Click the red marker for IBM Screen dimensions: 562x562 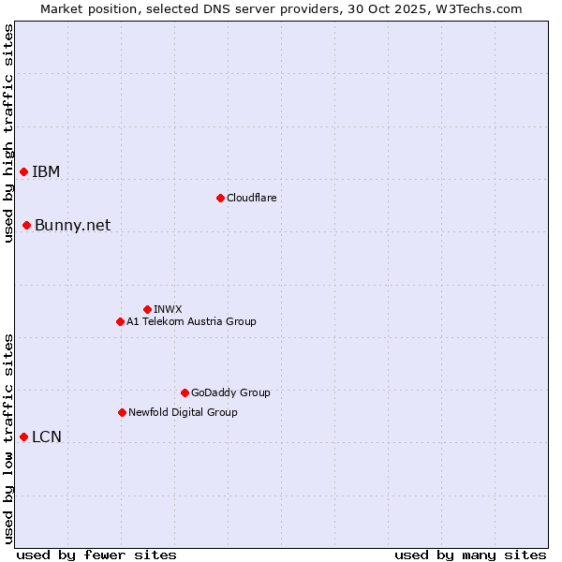point(23,171)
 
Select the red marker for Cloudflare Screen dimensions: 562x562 point(220,198)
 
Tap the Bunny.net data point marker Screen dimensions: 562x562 point(26,225)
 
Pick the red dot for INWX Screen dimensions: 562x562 point(147,309)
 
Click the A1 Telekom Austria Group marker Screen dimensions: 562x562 point(120,321)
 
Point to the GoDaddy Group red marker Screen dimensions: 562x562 point(185,392)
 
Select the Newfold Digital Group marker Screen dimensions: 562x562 point(122,412)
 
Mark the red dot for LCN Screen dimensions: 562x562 point(23,436)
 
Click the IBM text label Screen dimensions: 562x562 point(46,171)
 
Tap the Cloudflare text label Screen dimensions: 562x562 point(251,198)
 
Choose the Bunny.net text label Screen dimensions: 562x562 point(72,225)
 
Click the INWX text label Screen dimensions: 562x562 point(168,309)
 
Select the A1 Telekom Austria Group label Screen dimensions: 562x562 point(191,321)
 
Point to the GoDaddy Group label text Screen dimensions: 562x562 point(230,392)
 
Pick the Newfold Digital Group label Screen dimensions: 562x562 point(183,412)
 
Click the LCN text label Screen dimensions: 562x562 point(47,436)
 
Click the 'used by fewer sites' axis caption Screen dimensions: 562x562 point(96,555)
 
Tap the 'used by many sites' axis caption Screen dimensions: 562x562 point(470,555)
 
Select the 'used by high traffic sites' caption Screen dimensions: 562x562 point(8,133)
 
